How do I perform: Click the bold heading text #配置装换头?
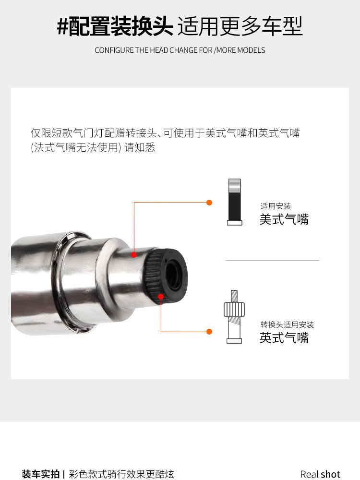(x=115, y=26)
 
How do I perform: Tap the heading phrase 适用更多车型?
(x=240, y=26)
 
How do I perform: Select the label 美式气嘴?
(x=284, y=219)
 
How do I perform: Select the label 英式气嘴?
(x=284, y=338)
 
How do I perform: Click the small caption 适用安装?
(x=276, y=206)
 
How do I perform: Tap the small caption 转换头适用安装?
(x=287, y=324)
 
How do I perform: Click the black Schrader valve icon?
(x=235, y=202)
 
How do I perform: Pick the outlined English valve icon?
(x=234, y=316)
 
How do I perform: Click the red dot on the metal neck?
(x=134, y=255)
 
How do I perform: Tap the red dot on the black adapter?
(x=161, y=296)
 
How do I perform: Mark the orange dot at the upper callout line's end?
(x=209, y=203)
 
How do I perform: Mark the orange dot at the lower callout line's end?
(x=209, y=332)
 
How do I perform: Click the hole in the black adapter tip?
(x=172, y=275)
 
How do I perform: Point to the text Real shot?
(x=320, y=474)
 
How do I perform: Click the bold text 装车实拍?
(x=40, y=474)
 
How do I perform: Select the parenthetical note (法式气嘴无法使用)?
(x=76, y=147)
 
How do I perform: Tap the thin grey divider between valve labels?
(x=272, y=260)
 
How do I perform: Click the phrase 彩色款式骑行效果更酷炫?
(x=121, y=474)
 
